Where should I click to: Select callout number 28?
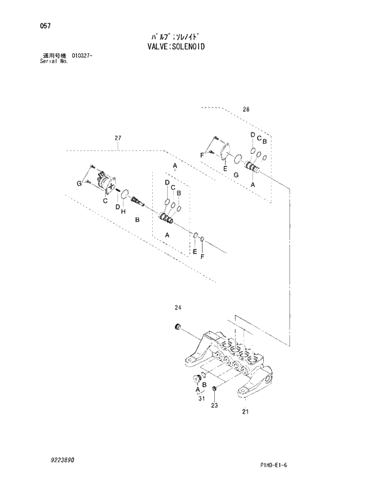tap(246, 109)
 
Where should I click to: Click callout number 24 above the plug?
tap(177, 308)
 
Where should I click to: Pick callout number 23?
tap(214, 405)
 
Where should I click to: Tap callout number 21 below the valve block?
tap(245, 412)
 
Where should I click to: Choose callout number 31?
tap(201, 399)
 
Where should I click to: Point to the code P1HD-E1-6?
tap(277, 465)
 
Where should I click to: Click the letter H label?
tap(123, 211)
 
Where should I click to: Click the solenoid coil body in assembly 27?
tap(108, 182)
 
